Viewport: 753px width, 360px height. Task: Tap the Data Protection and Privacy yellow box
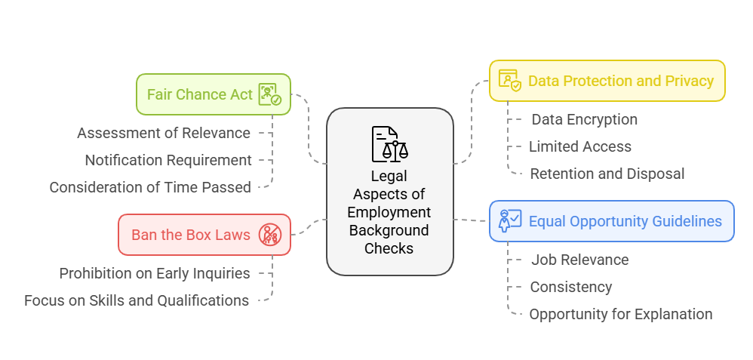click(607, 81)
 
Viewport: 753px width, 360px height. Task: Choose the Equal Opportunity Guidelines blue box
click(611, 221)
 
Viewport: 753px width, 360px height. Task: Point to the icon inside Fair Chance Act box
click(269, 94)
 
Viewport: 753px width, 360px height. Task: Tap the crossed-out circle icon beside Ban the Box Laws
click(269, 235)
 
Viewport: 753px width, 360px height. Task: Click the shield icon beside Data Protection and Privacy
click(509, 81)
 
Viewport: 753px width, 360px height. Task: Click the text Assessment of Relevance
click(164, 133)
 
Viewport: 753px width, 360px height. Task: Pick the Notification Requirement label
click(168, 160)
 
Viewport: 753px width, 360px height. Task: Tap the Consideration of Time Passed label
click(150, 187)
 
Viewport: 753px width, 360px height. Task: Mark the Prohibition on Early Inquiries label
click(155, 273)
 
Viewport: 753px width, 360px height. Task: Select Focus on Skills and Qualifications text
click(137, 300)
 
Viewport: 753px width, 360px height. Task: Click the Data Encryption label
click(584, 119)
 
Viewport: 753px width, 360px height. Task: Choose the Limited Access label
click(579, 146)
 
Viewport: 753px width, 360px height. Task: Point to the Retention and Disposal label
click(607, 174)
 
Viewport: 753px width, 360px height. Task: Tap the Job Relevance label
click(579, 260)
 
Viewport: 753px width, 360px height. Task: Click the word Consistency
click(570, 287)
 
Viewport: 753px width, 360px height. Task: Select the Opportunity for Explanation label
click(620, 314)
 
